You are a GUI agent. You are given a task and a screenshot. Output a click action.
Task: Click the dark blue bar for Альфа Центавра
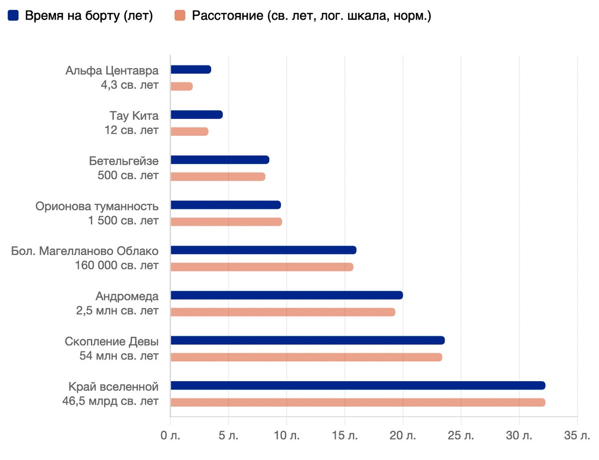click(191, 70)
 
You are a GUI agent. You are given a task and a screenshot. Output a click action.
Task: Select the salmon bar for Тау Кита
click(189, 132)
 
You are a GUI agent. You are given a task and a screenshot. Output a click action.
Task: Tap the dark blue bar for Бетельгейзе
click(220, 160)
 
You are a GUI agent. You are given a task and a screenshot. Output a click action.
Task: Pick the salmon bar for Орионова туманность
click(226, 222)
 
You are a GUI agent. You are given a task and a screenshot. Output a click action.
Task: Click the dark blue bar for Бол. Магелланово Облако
click(263, 250)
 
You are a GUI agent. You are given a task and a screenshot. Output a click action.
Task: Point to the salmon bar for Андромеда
click(283, 312)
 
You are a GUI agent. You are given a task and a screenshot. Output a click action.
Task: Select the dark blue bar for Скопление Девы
click(307, 340)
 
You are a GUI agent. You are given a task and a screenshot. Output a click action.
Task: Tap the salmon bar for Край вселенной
click(357, 402)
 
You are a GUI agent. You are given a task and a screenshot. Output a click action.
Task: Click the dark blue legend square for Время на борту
click(13, 16)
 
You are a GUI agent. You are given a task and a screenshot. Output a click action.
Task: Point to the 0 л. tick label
click(170, 436)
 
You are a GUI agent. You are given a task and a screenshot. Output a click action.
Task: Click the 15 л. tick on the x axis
click(345, 436)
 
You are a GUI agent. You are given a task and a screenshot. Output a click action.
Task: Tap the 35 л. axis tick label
click(578, 436)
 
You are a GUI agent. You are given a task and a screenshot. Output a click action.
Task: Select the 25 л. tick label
click(461, 436)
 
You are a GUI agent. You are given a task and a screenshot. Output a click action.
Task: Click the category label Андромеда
click(127, 296)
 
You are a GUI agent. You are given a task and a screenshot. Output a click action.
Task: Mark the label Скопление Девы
click(112, 342)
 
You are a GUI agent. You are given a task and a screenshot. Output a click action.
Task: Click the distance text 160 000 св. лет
click(117, 265)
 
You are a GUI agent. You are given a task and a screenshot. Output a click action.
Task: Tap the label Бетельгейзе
click(124, 161)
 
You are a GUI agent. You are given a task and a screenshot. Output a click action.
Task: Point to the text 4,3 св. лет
click(130, 85)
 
